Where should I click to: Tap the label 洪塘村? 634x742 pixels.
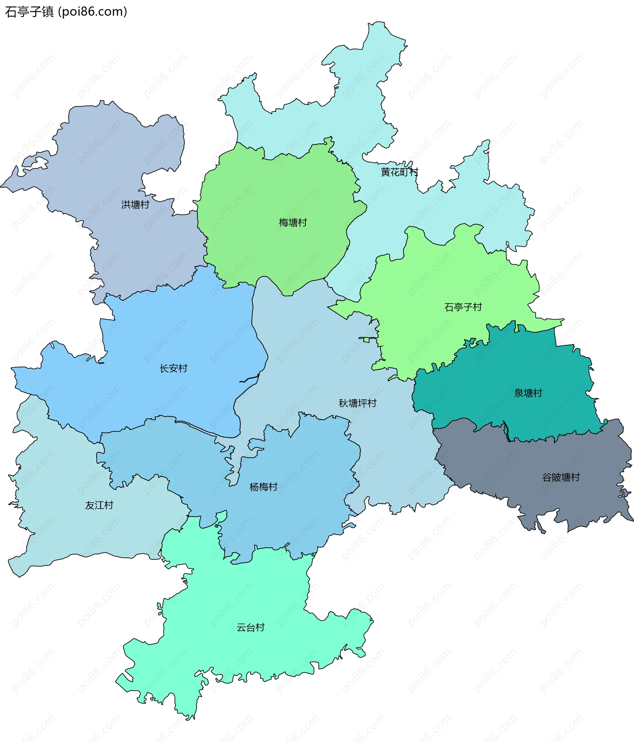[135, 204]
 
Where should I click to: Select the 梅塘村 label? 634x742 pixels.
[293, 223]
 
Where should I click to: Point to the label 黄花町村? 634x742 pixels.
[399, 172]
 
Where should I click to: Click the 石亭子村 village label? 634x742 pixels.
[463, 307]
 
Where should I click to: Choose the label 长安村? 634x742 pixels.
[173, 368]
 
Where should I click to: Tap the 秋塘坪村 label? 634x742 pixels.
[357, 403]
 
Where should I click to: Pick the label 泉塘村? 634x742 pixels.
[528, 393]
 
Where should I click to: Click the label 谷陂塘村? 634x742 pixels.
[561, 477]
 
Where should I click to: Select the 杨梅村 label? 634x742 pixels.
[264, 487]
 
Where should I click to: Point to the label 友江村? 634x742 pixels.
[99, 505]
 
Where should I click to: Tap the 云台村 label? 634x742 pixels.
[250, 627]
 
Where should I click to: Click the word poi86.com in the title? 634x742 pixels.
[92, 12]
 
